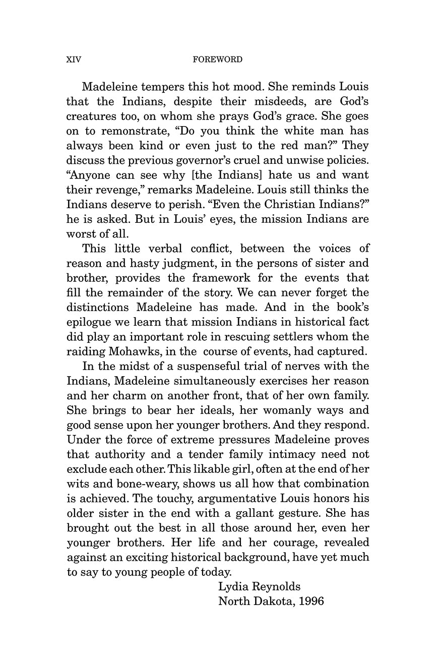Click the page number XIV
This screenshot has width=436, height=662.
74,59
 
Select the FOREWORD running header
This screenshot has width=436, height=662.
218,59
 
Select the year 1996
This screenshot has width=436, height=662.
311,601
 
